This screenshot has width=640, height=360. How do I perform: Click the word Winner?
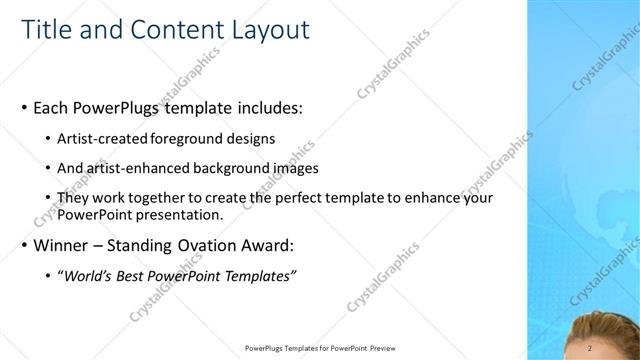pos(62,245)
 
